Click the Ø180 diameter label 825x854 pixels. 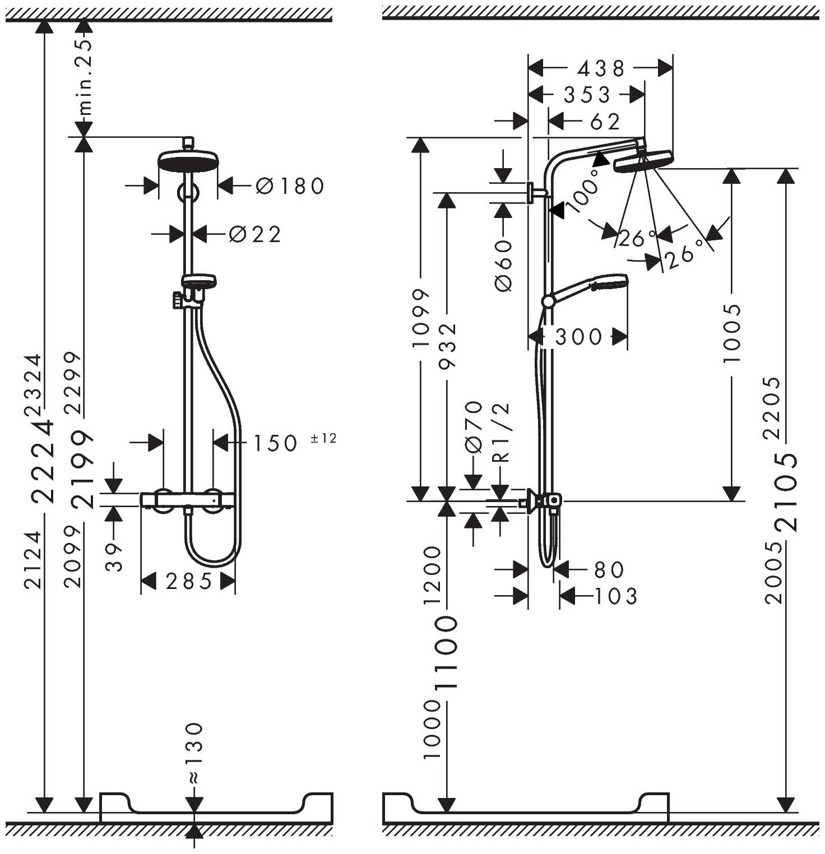tap(290, 185)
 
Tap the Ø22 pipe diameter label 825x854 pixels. tap(254, 234)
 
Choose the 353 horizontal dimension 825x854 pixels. tap(586, 95)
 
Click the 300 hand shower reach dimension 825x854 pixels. tap(578, 337)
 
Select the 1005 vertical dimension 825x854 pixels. tap(731, 333)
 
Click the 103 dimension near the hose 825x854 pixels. tap(615, 596)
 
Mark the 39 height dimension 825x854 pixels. tap(114, 556)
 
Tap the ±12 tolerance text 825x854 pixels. tap(323, 439)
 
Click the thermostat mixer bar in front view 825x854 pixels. tap(188, 498)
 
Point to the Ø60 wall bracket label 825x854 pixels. tap(504, 265)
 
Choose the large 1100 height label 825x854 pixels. tap(448, 654)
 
